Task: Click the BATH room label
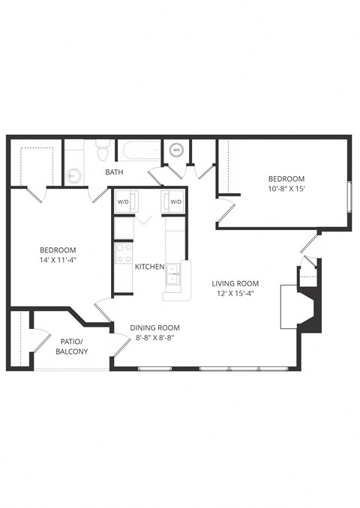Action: (x=115, y=172)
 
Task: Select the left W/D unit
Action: (x=123, y=202)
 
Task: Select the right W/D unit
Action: (x=176, y=202)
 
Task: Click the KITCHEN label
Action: (x=150, y=267)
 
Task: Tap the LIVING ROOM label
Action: (x=235, y=283)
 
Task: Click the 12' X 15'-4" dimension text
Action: (x=235, y=294)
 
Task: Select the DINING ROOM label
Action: (x=154, y=327)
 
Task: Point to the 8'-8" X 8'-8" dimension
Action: (x=154, y=339)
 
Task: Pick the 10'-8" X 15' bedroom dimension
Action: (x=286, y=190)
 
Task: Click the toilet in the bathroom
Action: (x=103, y=152)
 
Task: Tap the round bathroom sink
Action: (x=73, y=176)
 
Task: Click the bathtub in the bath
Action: (x=141, y=151)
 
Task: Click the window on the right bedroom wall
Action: (x=349, y=198)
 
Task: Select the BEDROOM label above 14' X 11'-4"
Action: (x=58, y=250)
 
